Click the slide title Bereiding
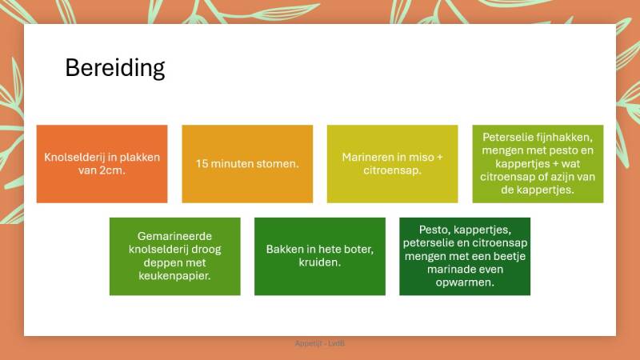[114, 68]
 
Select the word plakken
[138, 158]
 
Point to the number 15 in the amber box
[203, 164]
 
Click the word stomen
[278, 164]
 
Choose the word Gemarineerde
[174, 237]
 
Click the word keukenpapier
[174, 275]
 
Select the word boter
[355, 250]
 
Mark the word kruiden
[320, 262]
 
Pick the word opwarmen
[465, 282]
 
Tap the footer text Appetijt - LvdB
[320, 343]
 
